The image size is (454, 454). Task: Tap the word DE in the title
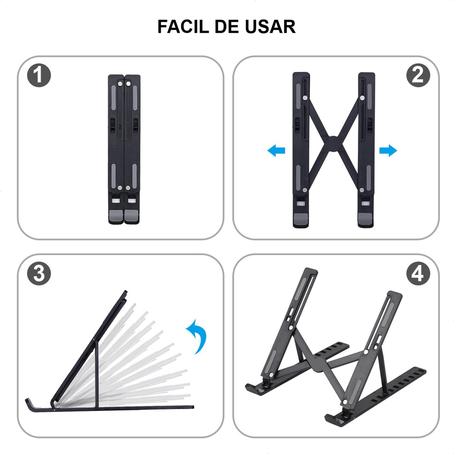click(x=231, y=27)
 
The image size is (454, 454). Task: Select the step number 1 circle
click(x=39, y=76)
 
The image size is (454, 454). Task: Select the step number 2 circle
click(x=418, y=76)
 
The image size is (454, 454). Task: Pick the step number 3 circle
click(x=39, y=274)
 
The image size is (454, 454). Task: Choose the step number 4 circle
click(x=418, y=274)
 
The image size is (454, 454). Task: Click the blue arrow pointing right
click(x=388, y=151)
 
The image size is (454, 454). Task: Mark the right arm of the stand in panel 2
click(x=366, y=150)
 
